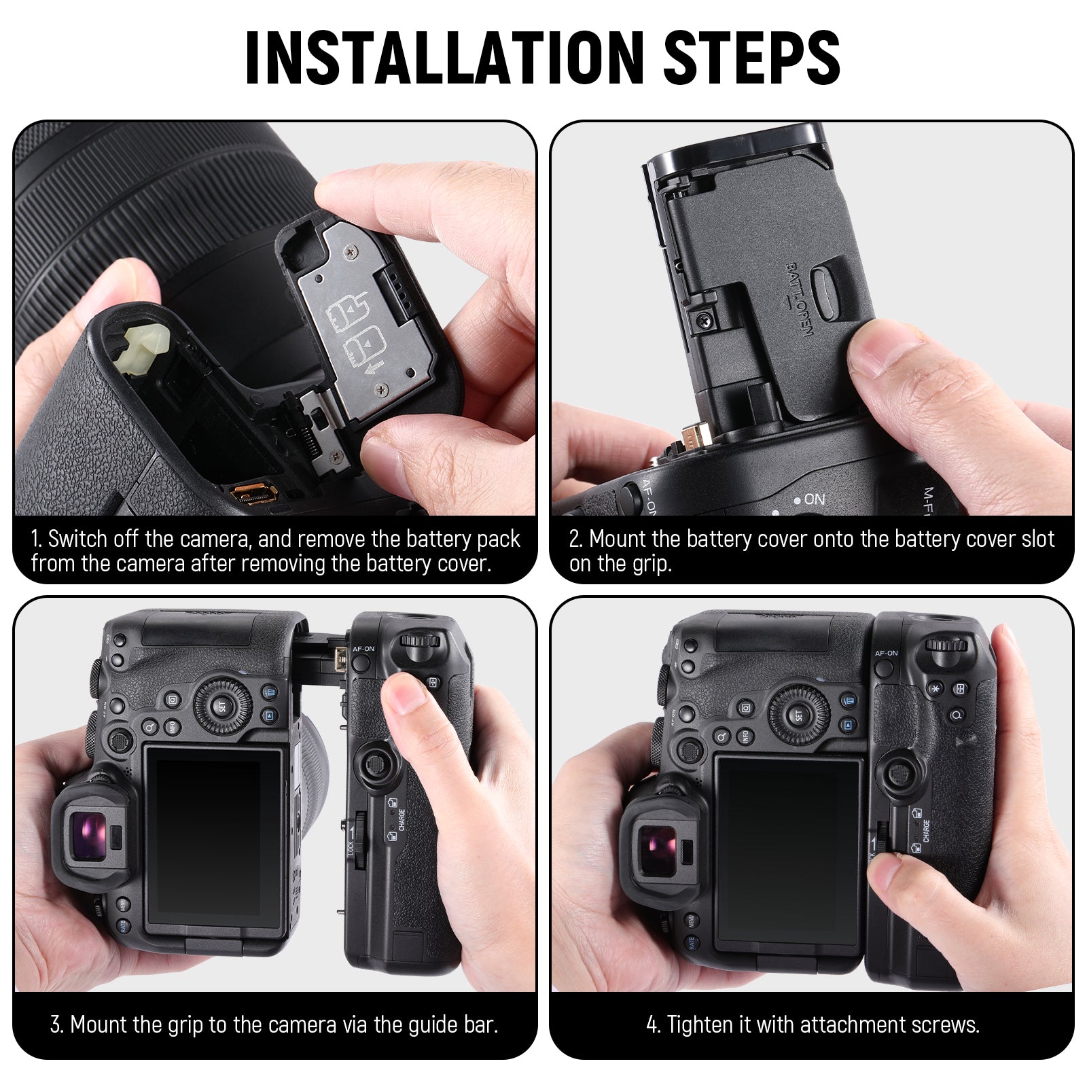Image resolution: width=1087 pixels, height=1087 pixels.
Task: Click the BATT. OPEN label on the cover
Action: (799, 299)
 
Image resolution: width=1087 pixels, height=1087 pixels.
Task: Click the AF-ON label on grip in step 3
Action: (363, 649)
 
